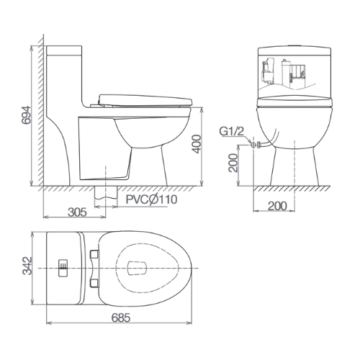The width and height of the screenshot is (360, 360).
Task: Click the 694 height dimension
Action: (26, 115)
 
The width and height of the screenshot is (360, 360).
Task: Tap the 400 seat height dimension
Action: (197, 144)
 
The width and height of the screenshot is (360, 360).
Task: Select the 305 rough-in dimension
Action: (77, 212)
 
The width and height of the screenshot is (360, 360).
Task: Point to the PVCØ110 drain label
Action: (152, 199)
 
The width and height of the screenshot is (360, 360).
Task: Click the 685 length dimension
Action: (121, 318)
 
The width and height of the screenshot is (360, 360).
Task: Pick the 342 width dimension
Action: (27, 266)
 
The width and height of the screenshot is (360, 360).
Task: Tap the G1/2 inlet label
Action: (232, 131)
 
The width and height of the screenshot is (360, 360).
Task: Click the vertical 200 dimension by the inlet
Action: (233, 163)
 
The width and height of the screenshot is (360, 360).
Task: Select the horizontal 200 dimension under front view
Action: (277, 206)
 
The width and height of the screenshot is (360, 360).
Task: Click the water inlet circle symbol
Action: (253, 145)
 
